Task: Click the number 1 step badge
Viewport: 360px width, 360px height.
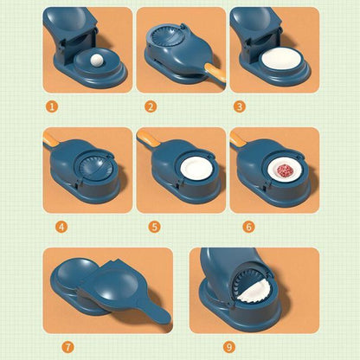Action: tap(51, 106)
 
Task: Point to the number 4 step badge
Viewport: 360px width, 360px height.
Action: tap(61, 227)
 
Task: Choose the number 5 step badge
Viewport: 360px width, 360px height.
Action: tap(155, 227)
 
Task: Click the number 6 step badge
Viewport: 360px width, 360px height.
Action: tap(248, 227)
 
